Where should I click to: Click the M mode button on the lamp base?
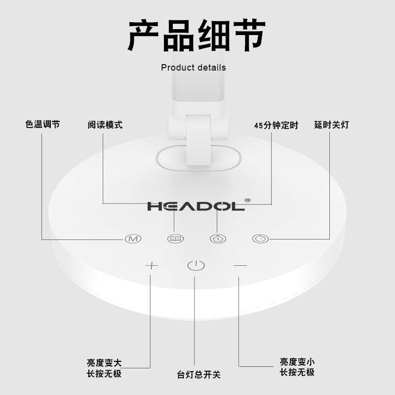coord(131,239)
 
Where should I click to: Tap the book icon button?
coord(175,239)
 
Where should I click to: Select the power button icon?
coord(196,266)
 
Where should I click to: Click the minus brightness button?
coord(240,266)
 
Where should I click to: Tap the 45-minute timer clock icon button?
coord(218,239)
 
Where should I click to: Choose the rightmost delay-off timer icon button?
coord(260,239)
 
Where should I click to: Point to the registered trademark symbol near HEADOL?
coord(247,200)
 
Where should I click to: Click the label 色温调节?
coord(42,124)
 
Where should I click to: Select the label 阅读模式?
coord(105,125)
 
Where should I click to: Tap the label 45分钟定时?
coord(276,125)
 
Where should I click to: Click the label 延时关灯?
coord(331,125)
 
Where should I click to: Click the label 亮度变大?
coord(104,363)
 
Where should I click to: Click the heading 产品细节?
coord(197,36)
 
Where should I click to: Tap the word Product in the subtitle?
coord(177,67)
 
